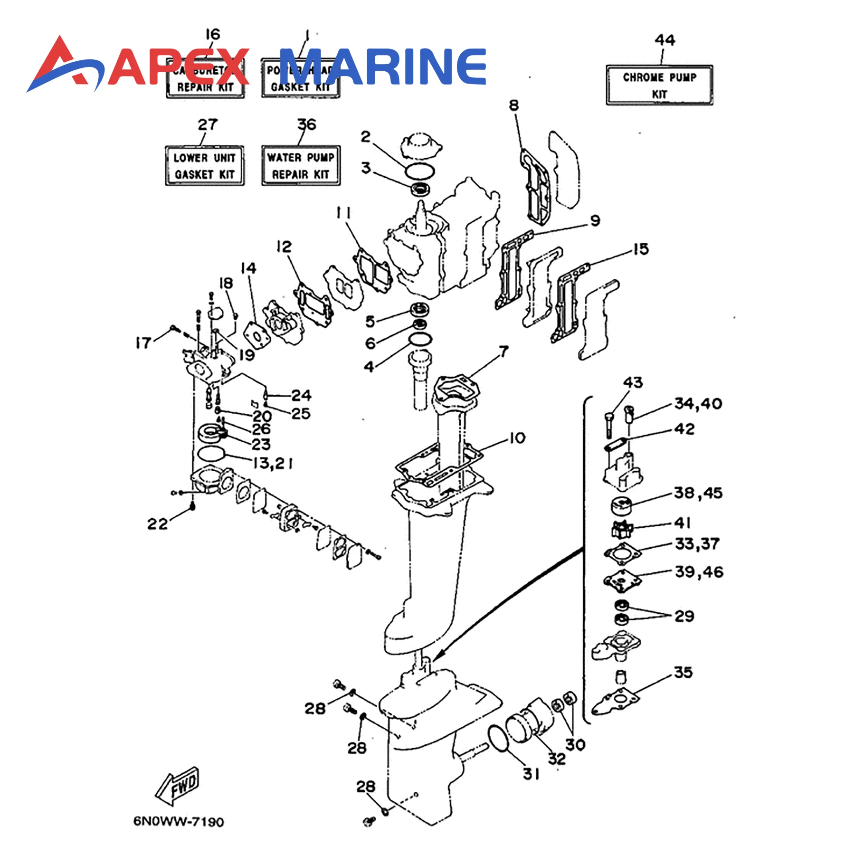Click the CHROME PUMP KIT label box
[x=659, y=85]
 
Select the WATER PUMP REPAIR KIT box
[x=301, y=165]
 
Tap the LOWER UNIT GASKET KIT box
[x=205, y=166]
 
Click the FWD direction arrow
[x=178, y=786]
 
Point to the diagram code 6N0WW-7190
[x=178, y=821]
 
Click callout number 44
[x=665, y=40]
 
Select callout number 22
[x=157, y=524]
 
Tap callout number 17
[x=143, y=342]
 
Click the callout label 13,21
[x=273, y=463]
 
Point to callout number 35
[x=683, y=672]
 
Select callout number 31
[x=531, y=774]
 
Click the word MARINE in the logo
[x=383, y=66]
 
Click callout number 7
[x=503, y=351]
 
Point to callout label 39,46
[x=699, y=571]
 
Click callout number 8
[x=514, y=105]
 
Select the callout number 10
[x=517, y=437]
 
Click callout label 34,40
[x=698, y=404]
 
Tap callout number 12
[x=284, y=247]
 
